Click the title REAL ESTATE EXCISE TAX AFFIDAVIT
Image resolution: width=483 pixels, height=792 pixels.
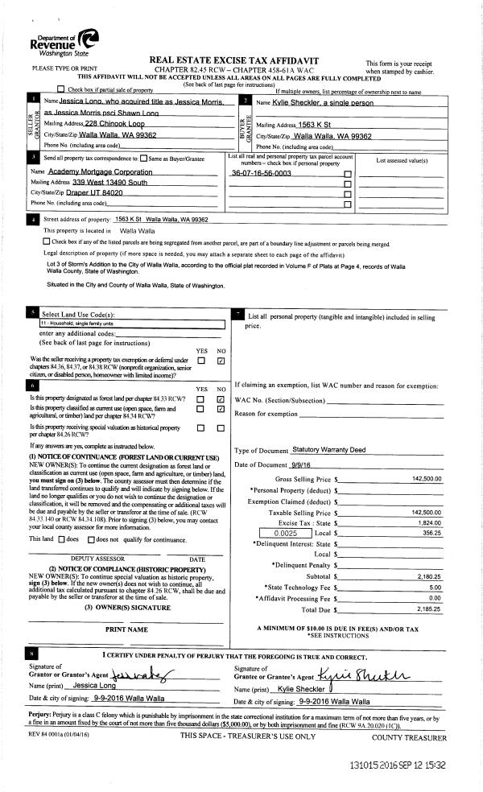coord(234,60)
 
